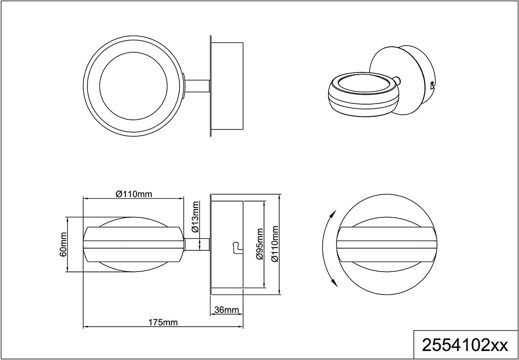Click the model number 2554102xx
point(465,346)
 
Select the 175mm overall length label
point(163,322)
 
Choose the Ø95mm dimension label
point(260,244)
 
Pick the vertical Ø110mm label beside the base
point(275,244)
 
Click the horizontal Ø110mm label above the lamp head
point(134,194)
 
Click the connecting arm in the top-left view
point(197,86)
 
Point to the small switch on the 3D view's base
point(432,85)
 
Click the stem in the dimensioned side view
point(197,245)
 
